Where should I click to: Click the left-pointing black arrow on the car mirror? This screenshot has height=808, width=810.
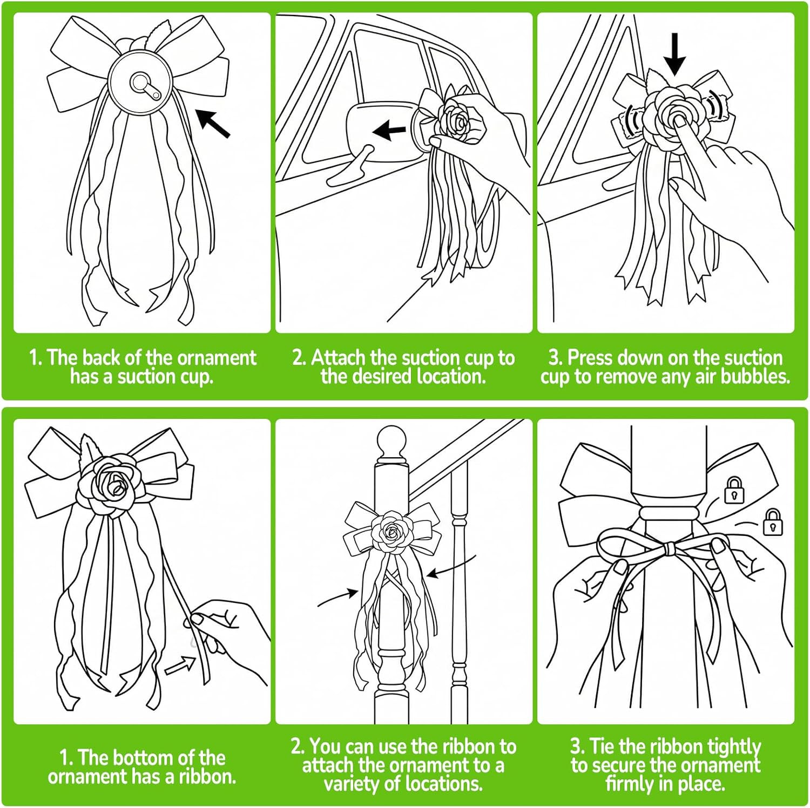[x=389, y=130]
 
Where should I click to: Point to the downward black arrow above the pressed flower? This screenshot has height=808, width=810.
[x=674, y=54]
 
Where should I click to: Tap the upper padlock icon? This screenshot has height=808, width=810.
[x=734, y=490]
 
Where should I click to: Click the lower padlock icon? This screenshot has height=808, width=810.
[x=772, y=522]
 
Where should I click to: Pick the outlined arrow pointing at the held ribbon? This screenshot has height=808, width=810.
[x=180, y=666]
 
